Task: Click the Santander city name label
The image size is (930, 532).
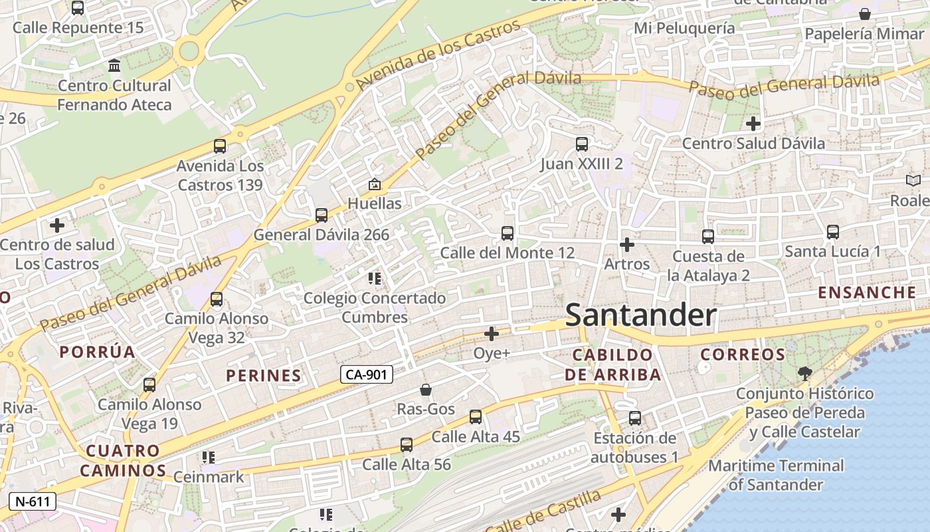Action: [640, 315]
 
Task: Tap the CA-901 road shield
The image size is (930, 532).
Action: [367, 374]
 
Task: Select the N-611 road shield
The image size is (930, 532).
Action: [32, 501]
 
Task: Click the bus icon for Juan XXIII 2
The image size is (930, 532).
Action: [581, 144]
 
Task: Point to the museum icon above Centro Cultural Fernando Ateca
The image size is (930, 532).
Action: [114, 66]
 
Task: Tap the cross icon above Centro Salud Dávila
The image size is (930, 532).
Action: [753, 123]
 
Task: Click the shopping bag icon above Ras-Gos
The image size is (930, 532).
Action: [426, 390]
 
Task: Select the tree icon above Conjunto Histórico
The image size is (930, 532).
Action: [804, 373]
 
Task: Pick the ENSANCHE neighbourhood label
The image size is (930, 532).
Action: [867, 293]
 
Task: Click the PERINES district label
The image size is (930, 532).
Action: [264, 376]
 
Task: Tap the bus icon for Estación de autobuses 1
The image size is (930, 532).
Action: [634, 418]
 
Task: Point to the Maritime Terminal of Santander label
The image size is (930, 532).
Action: [776, 475]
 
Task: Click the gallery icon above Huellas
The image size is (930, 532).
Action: [375, 184]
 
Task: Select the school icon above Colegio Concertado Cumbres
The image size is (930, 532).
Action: [375, 279]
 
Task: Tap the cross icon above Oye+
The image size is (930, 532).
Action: [492, 333]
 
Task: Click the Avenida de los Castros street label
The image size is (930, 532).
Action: [438, 56]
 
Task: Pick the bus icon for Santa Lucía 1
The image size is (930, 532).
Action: [832, 232]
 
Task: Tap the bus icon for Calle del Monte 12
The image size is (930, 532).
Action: [507, 233]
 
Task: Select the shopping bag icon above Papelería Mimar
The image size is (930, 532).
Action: [865, 14]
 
